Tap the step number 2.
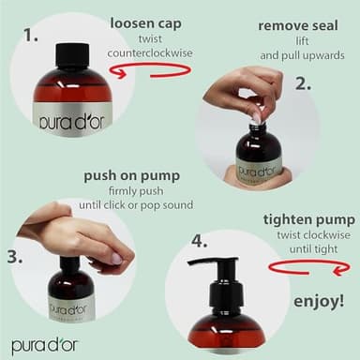302,83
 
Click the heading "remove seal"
298,25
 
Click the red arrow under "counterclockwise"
159,71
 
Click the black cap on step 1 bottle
72,55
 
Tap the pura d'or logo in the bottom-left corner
45,345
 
